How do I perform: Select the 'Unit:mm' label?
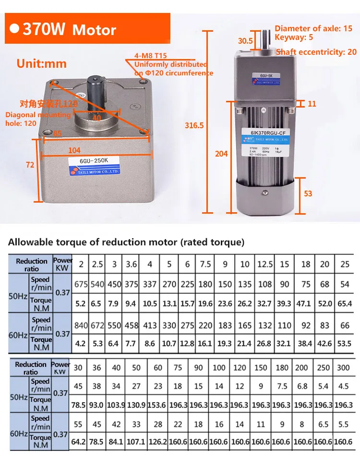pyautogui.click(x=41, y=63)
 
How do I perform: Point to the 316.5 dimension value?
pyautogui.click(x=194, y=125)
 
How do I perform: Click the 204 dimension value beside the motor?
pyautogui.click(x=221, y=153)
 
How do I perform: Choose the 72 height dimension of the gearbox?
pyautogui.click(x=30, y=165)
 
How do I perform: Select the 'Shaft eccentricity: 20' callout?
pyautogui.click(x=316, y=52)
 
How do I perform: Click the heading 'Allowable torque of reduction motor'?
pyautogui.click(x=126, y=242)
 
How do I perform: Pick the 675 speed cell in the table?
pyautogui.click(x=81, y=284)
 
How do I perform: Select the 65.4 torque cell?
pyautogui.click(x=345, y=303)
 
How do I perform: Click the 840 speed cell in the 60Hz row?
pyautogui.click(x=81, y=325)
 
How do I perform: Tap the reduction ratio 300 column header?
pyautogui.click(x=344, y=367)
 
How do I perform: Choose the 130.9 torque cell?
pyautogui.click(x=136, y=405)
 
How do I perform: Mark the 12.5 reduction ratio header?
pyautogui.click(x=265, y=264)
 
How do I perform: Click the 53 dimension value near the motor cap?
pyautogui.click(x=308, y=194)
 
